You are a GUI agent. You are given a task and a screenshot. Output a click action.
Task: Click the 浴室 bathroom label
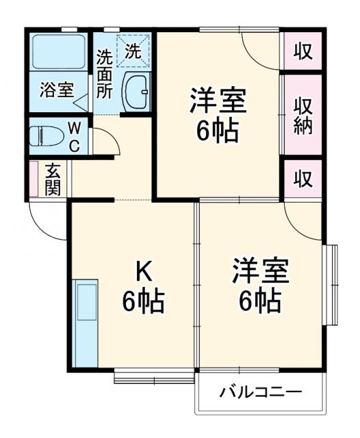pos(57,90)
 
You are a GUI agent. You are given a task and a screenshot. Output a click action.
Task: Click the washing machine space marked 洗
pos(133,50)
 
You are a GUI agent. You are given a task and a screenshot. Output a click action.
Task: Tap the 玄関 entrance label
pos(53,179)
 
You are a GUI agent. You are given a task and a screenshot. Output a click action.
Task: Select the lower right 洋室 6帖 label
pos(259,283)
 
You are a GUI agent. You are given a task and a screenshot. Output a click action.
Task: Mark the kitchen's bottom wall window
pos(155,375)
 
